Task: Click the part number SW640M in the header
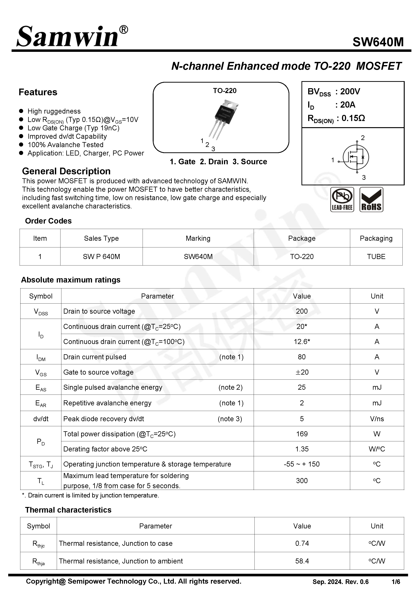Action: [378, 42]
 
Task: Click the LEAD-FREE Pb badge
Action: [342, 200]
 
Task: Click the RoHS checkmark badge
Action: [371, 200]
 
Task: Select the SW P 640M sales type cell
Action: [101, 257]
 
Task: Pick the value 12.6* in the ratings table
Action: [302, 342]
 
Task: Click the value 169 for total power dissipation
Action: [302, 434]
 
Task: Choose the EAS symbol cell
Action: [41, 388]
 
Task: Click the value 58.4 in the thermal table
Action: [302, 561]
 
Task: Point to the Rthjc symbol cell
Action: [38, 544]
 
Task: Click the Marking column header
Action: [198, 238]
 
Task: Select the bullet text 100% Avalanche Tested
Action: [65, 145]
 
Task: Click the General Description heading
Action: [66, 171]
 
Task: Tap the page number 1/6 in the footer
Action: [396, 582]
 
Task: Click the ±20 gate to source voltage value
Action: [302, 372]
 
